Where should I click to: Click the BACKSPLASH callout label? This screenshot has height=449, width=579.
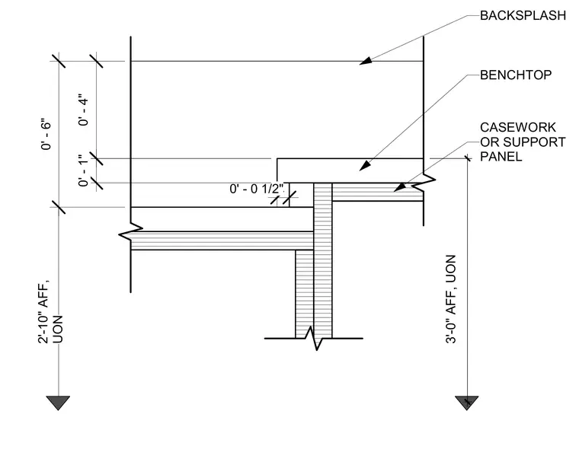(x=523, y=15)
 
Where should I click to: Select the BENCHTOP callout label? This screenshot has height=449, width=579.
(x=516, y=75)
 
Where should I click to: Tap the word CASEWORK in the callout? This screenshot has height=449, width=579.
(x=518, y=127)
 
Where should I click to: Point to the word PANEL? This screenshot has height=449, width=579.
(x=501, y=157)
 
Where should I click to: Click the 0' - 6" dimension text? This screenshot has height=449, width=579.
(x=46, y=134)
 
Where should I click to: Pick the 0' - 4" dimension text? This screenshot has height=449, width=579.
(x=84, y=110)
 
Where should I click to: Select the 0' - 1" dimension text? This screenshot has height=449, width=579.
(x=84, y=170)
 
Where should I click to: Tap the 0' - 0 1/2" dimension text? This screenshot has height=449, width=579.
(x=257, y=189)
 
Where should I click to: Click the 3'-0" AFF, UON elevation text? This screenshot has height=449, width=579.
(x=451, y=299)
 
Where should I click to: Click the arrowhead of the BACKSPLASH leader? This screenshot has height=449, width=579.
(x=366, y=61)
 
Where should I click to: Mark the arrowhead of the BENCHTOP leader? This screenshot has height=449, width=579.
(x=365, y=166)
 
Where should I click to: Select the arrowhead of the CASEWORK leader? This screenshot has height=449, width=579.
(x=399, y=187)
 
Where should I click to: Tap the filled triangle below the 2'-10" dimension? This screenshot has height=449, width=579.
(x=58, y=401)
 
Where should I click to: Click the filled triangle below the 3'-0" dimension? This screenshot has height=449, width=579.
(x=467, y=401)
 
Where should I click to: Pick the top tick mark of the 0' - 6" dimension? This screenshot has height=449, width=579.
(x=59, y=61)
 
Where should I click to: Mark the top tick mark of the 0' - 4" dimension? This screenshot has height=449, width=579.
(x=97, y=61)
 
